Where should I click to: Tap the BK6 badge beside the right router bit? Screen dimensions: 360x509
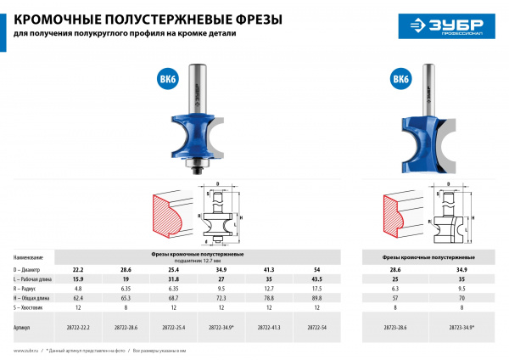tap(400, 79)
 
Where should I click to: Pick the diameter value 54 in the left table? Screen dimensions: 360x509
tap(316, 268)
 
